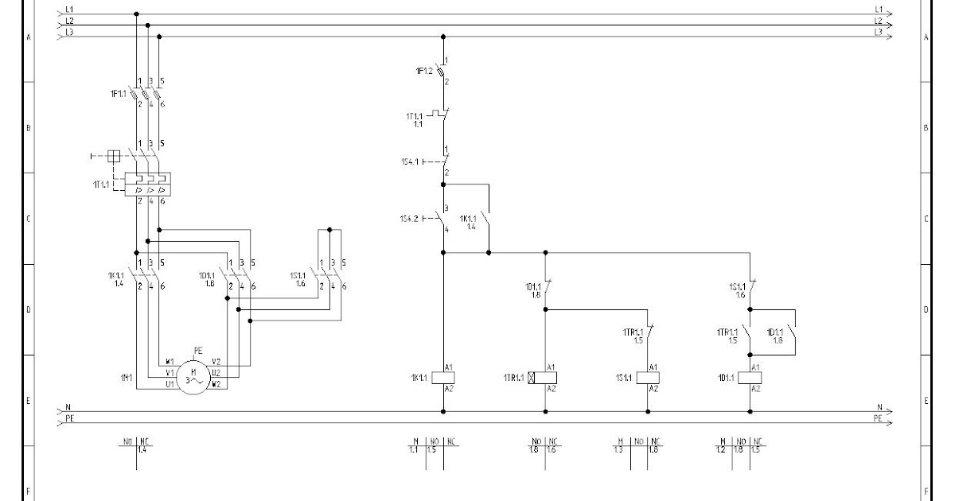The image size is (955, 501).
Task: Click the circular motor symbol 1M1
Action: coord(193,375)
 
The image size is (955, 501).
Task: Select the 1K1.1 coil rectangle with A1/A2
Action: coord(442,378)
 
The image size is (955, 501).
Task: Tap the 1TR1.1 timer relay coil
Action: coord(545,378)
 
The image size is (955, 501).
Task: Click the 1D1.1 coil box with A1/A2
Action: coord(750,378)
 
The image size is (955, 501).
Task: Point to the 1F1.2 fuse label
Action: coord(424,72)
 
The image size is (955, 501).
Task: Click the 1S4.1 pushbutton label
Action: coord(409,161)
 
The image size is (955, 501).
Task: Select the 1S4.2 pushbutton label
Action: coord(409,218)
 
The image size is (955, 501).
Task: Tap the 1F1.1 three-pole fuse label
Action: coord(119,94)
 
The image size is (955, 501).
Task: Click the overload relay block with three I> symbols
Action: coord(149,184)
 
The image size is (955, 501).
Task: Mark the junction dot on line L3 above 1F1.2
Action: coord(443,37)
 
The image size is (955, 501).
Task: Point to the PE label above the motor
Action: coord(198,349)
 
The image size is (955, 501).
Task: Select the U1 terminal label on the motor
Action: coord(170,383)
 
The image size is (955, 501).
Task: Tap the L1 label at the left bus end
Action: coord(69,9)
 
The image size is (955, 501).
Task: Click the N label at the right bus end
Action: coord(879,406)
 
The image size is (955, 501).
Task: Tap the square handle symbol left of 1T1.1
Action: coord(113,156)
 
